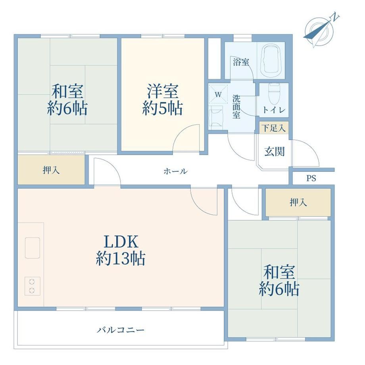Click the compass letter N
click(x=335, y=17)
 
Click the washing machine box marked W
click(x=218, y=94)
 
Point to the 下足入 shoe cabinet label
click(x=273, y=128)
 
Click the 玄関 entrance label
click(x=275, y=152)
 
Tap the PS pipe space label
click(x=311, y=178)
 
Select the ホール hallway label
click(x=175, y=171)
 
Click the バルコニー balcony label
click(x=121, y=330)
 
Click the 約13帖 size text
click(x=121, y=258)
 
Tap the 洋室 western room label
click(x=163, y=91)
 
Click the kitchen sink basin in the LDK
click(x=33, y=248)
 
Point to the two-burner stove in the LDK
click(x=33, y=286)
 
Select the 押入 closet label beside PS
click(x=298, y=202)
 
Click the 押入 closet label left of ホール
click(x=51, y=170)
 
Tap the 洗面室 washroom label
click(x=236, y=107)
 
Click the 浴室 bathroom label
click(x=241, y=62)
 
